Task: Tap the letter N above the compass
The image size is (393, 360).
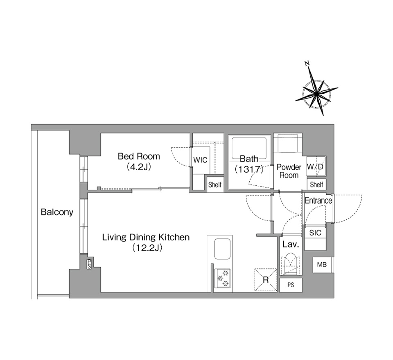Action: (307, 63)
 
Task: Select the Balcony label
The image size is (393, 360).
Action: (57, 212)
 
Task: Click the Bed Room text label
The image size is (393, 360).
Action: (139, 156)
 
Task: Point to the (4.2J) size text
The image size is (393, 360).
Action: (139, 167)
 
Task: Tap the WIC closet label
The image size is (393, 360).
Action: (200, 160)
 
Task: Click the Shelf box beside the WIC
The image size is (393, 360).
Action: (215, 185)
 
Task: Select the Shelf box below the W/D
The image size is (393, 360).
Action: (316, 184)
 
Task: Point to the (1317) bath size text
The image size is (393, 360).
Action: (249, 169)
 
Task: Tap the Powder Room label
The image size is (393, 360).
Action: (289, 171)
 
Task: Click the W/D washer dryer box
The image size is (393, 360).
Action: (316, 166)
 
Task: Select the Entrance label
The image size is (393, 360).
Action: (318, 200)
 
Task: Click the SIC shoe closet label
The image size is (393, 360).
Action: (315, 233)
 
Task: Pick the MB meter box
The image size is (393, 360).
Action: (322, 265)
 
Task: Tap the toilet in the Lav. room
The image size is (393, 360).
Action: (291, 264)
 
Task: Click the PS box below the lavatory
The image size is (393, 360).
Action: (291, 285)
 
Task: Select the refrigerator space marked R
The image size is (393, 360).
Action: (266, 280)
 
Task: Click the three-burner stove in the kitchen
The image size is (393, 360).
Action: (223, 278)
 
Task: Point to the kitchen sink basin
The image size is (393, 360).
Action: (222, 249)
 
